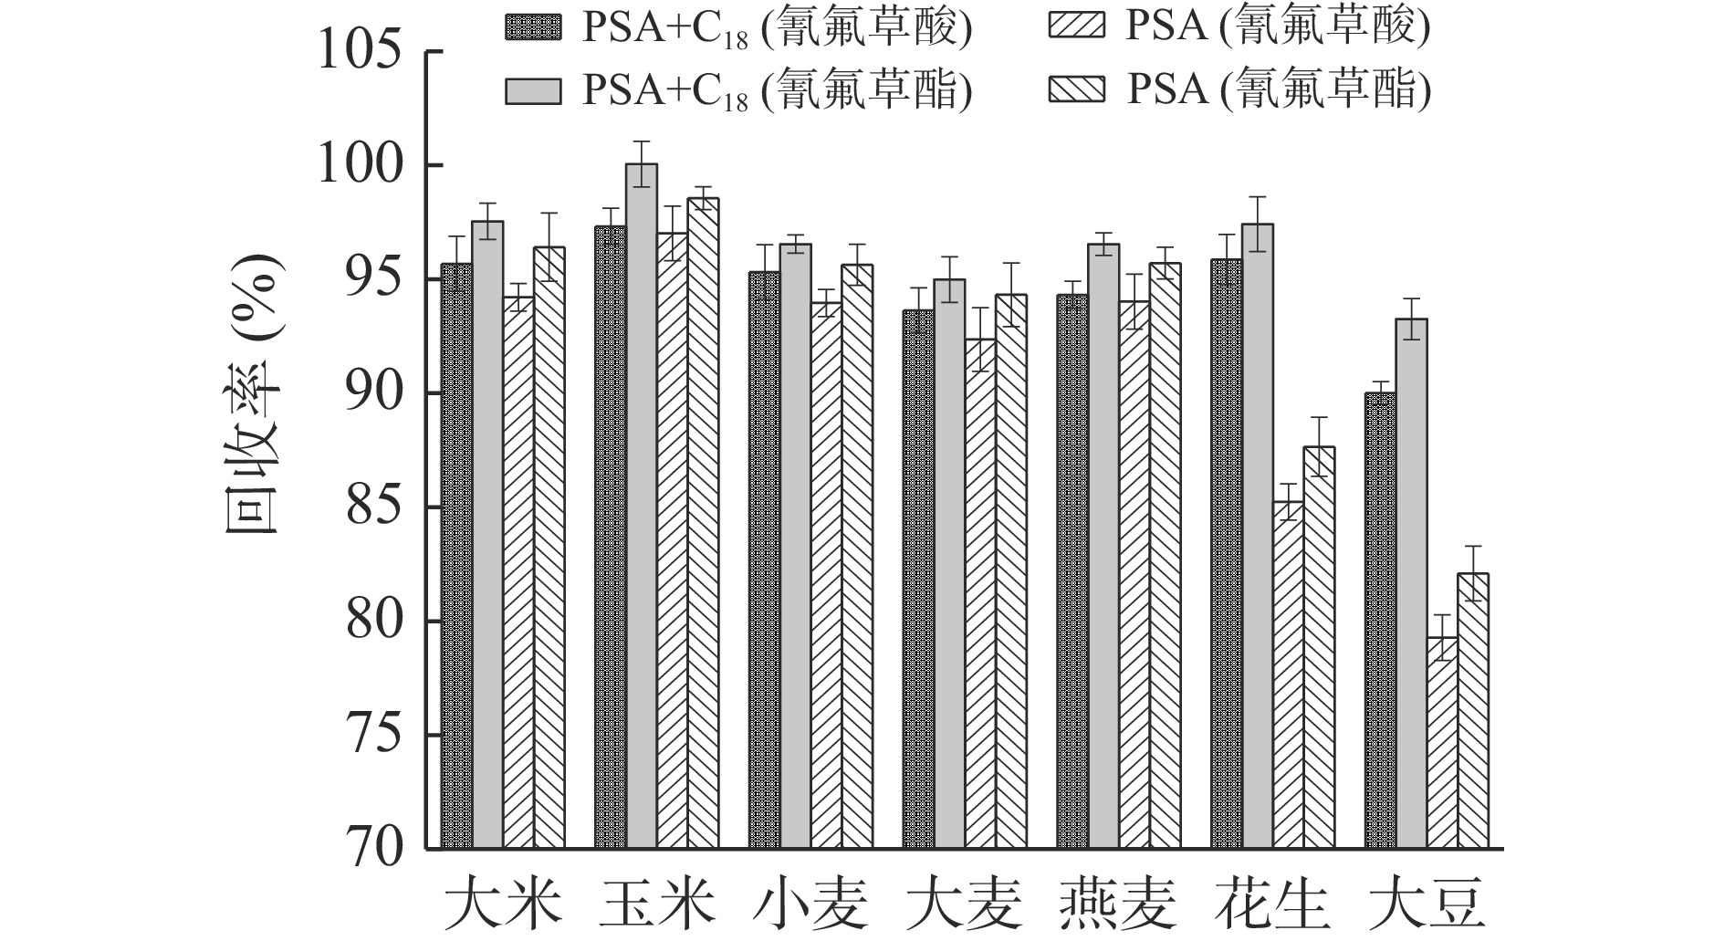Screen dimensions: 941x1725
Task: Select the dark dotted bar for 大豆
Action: tap(1380, 621)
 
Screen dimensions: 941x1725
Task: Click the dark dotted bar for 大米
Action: tap(456, 557)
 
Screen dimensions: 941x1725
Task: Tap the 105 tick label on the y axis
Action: tap(360, 52)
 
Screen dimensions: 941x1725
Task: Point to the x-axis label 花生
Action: tap(1270, 905)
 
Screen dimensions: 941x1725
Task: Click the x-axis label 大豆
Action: tap(1424, 905)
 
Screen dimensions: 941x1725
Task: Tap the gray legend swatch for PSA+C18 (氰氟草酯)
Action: tap(533, 90)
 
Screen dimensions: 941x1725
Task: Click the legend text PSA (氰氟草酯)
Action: tap(1277, 90)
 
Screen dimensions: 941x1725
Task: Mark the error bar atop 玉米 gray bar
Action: tap(642, 164)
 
